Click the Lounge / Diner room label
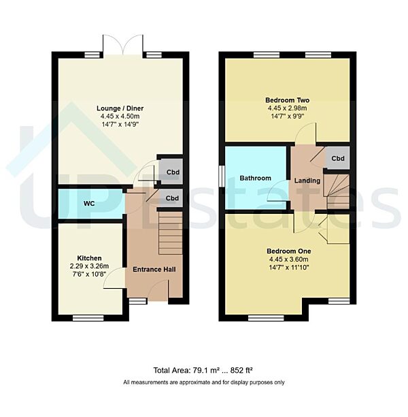click(x=119, y=108)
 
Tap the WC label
click(x=89, y=204)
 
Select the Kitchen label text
click(x=89, y=258)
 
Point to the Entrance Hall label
click(x=154, y=270)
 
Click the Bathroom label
click(x=255, y=179)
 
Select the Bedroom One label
click(x=287, y=250)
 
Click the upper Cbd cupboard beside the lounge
click(x=173, y=172)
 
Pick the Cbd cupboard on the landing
click(x=337, y=159)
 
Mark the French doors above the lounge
click(x=122, y=46)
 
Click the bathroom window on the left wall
click(x=222, y=174)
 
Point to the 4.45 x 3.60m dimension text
click(x=287, y=259)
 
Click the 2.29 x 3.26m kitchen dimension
click(x=89, y=266)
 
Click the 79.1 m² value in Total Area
click(x=203, y=371)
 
